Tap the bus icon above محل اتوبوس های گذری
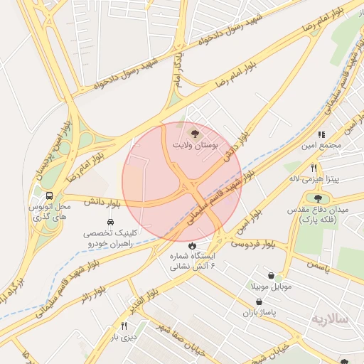pyautogui.click(x=49, y=196)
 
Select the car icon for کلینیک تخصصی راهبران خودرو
pyautogui.click(x=110, y=223)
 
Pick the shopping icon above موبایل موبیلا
pyautogui.click(x=271, y=275)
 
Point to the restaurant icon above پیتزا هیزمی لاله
pyautogui.click(x=314, y=168)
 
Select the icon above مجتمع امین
pyautogui.click(x=321, y=134)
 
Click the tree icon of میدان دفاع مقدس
pyautogui.click(x=317, y=199)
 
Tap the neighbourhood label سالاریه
pyautogui.click(x=330, y=319)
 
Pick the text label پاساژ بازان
pyautogui.click(x=257, y=313)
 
